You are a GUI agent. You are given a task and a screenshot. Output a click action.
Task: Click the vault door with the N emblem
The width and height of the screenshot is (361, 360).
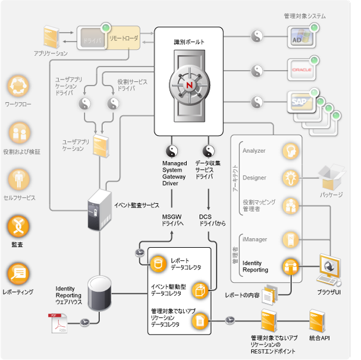point(190,87)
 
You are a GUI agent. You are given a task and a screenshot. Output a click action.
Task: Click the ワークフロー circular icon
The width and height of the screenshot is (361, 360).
point(18,88)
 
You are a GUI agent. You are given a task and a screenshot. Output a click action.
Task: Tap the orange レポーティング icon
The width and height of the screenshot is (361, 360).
point(18,273)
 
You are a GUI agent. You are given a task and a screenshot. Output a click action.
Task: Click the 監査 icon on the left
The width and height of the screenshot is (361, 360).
point(18,226)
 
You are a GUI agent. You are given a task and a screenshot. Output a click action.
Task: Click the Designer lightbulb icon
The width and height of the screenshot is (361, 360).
point(290,177)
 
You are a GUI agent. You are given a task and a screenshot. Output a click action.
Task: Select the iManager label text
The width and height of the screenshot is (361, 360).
point(255,239)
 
